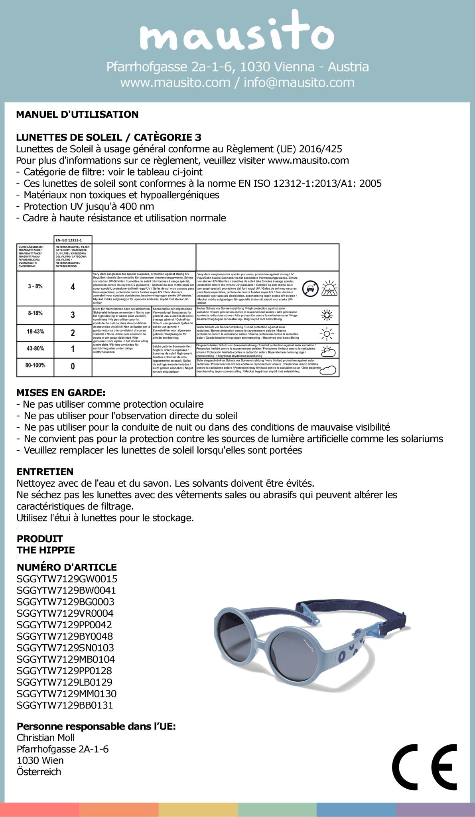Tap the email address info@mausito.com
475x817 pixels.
tap(299, 82)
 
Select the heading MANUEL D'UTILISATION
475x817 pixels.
tap(77, 114)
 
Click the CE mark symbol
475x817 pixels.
tap(424, 767)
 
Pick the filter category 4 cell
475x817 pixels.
tap(73, 287)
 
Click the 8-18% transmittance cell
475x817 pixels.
tap(35, 314)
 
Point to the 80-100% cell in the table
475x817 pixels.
tap(35, 365)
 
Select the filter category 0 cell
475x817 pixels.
tap(73, 366)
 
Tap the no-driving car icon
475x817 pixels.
tap(310, 288)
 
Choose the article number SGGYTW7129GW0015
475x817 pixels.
tap(67, 579)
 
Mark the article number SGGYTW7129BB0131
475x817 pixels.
tap(65, 705)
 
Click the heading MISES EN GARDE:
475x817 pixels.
tap(61, 393)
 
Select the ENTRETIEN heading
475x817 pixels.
tap(45, 472)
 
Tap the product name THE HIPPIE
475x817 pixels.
tap(46, 550)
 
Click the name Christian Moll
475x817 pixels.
tap(46, 738)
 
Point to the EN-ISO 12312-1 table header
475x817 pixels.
tap(73, 240)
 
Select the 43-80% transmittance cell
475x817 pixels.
tap(35, 349)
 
